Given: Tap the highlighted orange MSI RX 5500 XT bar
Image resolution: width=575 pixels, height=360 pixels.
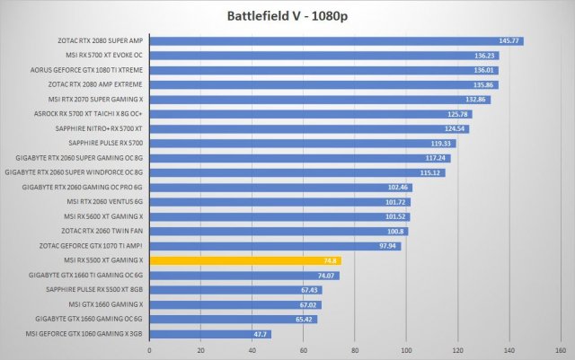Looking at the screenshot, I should pyautogui.click(x=244, y=260).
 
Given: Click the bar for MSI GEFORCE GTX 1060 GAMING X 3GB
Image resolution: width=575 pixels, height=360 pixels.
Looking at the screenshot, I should pyautogui.click(x=209, y=334).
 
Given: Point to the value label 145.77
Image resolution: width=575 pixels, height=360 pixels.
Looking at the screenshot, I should pyautogui.click(x=510, y=40).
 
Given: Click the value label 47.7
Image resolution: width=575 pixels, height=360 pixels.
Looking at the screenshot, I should pyautogui.click(x=261, y=334).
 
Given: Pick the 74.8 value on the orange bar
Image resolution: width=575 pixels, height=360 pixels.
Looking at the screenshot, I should pyautogui.click(x=331, y=260).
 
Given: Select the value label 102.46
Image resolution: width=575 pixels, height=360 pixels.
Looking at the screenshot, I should pyautogui.click(x=398, y=188).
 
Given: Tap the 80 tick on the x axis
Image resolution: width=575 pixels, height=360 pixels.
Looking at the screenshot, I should pyautogui.click(x=355, y=350).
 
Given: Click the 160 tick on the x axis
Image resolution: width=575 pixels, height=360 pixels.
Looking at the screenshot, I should pyautogui.click(x=561, y=350).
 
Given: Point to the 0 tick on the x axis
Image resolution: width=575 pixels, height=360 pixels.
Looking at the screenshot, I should pyautogui.click(x=149, y=350).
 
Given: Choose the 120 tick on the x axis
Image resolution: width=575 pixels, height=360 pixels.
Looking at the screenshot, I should pyautogui.click(x=458, y=350).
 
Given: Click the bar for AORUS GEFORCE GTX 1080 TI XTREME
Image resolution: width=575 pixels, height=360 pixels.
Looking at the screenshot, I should pyautogui.click(x=323, y=70).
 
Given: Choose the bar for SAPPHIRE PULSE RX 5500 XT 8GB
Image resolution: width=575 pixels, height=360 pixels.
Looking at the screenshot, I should pyautogui.click(x=235, y=290).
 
